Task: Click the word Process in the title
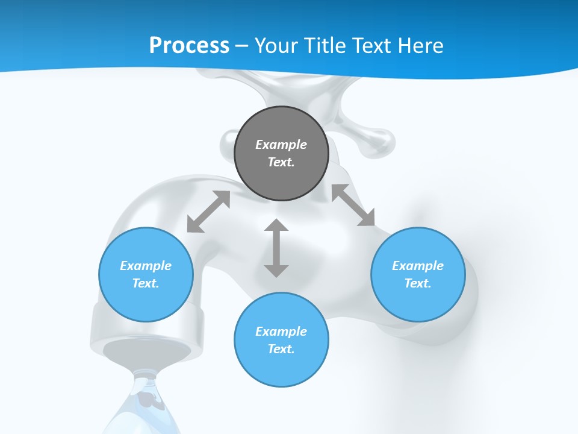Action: (x=189, y=46)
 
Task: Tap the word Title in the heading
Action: (x=326, y=46)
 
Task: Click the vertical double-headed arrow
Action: (x=276, y=248)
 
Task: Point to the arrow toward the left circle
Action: (x=208, y=212)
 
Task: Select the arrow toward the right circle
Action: (x=353, y=206)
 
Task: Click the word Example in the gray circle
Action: (x=281, y=145)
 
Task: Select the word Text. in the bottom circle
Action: (x=281, y=349)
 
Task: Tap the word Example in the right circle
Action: (x=418, y=266)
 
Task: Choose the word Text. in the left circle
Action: (x=146, y=283)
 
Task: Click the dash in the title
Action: (x=242, y=46)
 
